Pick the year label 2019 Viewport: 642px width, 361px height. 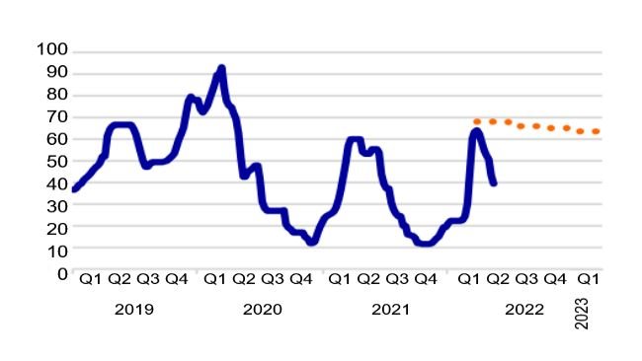[x=134, y=310]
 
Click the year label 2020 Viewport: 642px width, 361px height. [x=262, y=310]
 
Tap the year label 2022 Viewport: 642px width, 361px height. [x=523, y=310]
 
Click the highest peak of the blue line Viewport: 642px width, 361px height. [x=221, y=68]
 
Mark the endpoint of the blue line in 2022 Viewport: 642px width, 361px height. [x=494, y=182]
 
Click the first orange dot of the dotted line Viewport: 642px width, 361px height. [x=477, y=121]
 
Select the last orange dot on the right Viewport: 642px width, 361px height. [x=597, y=131]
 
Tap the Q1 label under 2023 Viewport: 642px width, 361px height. [x=589, y=280]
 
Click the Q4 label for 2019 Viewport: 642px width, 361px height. [x=178, y=280]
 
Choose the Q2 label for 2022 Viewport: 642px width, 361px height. [x=498, y=280]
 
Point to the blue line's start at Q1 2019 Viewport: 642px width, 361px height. [x=75, y=188]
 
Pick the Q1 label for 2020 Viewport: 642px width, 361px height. [x=214, y=280]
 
